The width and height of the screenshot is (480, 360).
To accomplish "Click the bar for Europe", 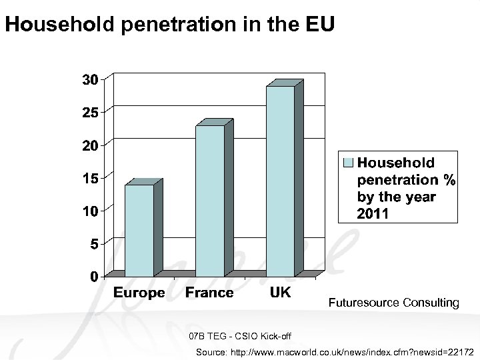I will coord(139,230).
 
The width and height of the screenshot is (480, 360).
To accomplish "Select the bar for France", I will coord(210,200).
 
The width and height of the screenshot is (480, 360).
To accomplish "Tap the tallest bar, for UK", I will coord(280,180).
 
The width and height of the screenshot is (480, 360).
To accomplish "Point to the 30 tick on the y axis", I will coord(91,79).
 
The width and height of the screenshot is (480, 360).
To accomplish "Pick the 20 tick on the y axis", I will coord(91,145).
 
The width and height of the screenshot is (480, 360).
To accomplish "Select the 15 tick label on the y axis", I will coord(91,178).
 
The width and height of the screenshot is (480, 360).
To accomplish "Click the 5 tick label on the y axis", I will coord(95,244).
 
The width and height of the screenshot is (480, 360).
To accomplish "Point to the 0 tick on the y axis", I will coord(95,276).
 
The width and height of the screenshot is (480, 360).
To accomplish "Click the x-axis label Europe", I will coord(139,293).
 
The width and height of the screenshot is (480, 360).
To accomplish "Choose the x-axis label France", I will coord(209,293).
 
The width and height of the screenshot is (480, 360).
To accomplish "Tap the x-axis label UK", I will coord(280,293).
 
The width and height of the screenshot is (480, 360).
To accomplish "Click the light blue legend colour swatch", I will coord(347,162).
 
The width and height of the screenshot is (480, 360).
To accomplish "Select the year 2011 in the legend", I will coord(372,214).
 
